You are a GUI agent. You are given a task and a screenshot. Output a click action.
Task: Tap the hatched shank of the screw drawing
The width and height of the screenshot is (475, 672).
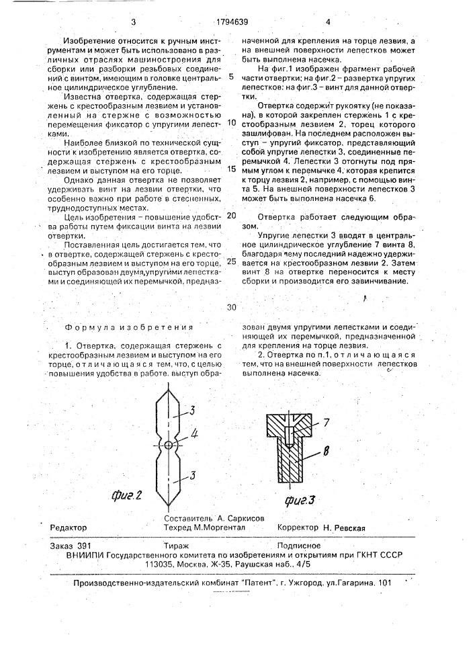pos(292,460)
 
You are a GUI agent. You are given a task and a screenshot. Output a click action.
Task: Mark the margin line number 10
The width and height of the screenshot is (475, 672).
pos(231,123)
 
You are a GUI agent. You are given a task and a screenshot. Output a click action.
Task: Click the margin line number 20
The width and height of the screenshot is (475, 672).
pos(231,216)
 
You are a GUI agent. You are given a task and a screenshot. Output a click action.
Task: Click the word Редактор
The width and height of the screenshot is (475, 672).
pos(69,528)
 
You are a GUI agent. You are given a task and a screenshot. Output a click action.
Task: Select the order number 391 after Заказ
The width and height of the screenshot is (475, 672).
pos(84,548)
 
